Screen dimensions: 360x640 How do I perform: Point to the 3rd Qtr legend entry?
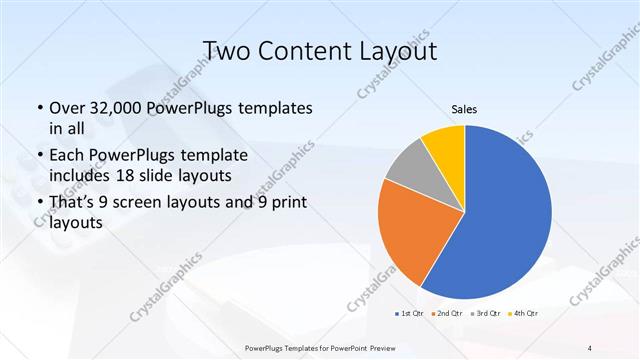click(487, 314)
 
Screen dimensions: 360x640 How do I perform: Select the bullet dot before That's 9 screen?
click(39, 206)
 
